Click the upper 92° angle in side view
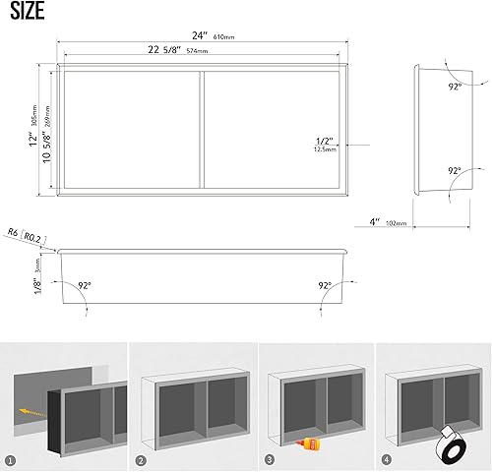(456, 86)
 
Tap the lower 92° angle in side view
(456, 170)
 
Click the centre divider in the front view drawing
(203, 131)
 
